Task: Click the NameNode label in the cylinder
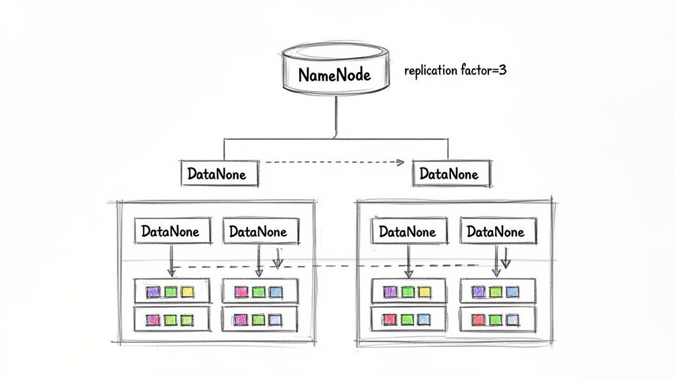tap(335, 75)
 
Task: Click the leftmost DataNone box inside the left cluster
tap(171, 232)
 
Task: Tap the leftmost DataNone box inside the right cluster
tap(407, 232)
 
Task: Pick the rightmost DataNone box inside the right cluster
tap(496, 232)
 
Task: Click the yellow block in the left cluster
tap(187, 291)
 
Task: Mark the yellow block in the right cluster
tap(424, 291)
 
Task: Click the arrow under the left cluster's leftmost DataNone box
tap(171, 261)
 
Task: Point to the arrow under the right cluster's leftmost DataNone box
tap(409, 261)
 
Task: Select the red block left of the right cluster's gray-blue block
tap(479, 320)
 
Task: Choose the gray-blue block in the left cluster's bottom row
tap(275, 320)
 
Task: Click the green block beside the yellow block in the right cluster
tap(407, 291)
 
